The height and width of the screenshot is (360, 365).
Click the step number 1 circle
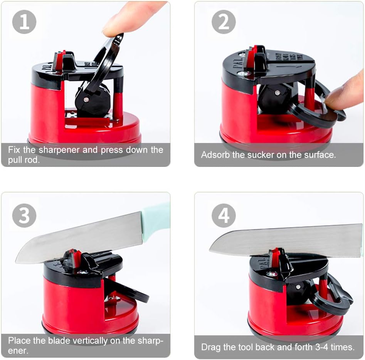pyautogui.click(x=24, y=22)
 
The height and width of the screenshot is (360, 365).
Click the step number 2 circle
pyautogui.click(x=224, y=22)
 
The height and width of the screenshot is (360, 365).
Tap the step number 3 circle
pyautogui.click(x=24, y=215)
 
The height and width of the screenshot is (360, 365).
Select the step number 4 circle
pyautogui.click(x=224, y=215)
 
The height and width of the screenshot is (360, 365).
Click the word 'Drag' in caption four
pyautogui.click(x=211, y=347)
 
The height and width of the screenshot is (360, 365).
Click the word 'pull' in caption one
pyautogui.click(x=15, y=160)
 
